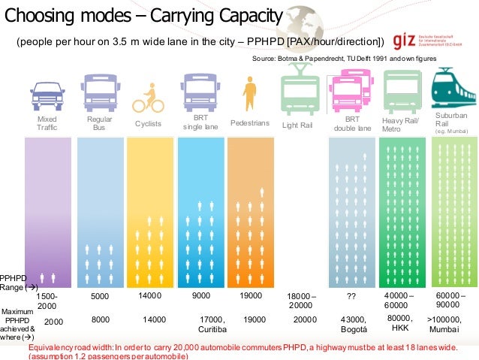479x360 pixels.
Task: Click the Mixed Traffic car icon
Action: click(47, 92)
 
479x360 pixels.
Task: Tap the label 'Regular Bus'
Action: click(99, 124)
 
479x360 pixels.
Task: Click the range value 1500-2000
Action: click(47, 301)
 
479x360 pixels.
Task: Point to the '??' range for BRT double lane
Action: click(351, 297)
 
